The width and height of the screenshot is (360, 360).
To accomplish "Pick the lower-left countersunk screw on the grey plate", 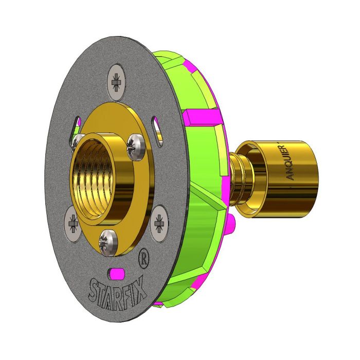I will pos(73,223).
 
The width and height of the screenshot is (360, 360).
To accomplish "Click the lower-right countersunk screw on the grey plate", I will pos(159,220).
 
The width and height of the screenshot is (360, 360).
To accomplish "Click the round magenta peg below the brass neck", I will pos(232,222).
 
